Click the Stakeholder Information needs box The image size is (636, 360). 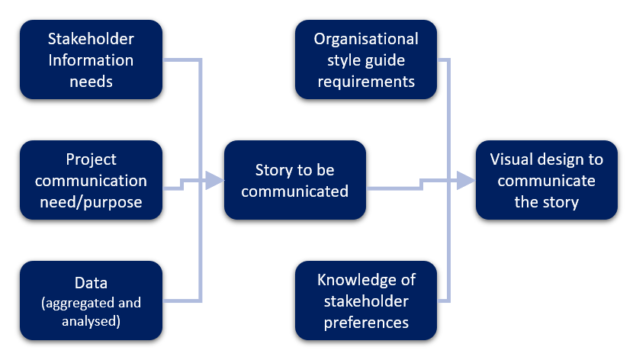[91, 59]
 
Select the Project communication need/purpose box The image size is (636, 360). [91, 181]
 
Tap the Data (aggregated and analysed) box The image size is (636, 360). [91, 301]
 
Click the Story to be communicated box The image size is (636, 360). [294, 181]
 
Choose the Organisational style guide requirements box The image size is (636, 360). [366, 59]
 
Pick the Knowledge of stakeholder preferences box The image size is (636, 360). [366, 301]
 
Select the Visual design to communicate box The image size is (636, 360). [546, 181]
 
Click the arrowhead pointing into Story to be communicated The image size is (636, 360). [214, 181]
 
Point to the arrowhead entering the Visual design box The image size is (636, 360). [466, 181]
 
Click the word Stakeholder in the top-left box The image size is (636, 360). [91, 38]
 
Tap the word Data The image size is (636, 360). [91, 281]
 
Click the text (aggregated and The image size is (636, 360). [91, 302]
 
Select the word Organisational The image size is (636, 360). [366, 38]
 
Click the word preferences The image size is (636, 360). [366, 322]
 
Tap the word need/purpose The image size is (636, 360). [91, 202]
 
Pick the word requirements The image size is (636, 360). [366, 81]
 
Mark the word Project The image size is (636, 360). [91, 159]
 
